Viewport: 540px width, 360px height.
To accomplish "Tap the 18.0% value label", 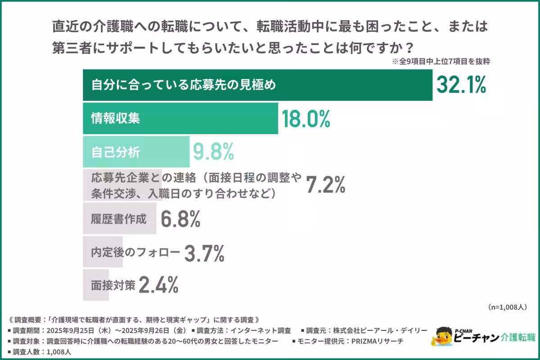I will pos(306,118).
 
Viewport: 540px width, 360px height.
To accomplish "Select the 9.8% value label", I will pos(213,152).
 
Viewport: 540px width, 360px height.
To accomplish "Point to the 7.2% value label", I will pos(325,185).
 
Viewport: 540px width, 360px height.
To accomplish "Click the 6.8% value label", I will pos(180,219).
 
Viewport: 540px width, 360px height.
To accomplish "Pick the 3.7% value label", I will pos(204,253).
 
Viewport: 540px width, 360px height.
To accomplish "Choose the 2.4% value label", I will pos(159,285).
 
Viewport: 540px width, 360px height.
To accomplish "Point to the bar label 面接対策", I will pos(112,285).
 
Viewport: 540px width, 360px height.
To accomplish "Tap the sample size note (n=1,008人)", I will pos(507,307).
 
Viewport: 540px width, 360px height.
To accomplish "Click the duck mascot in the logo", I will pos(441,337).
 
